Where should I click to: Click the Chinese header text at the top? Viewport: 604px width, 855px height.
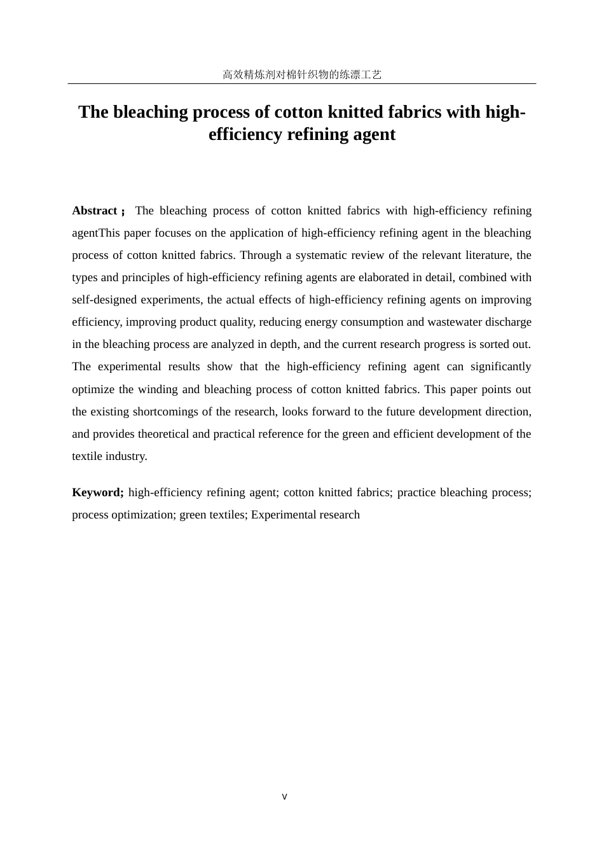click(x=302, y=74)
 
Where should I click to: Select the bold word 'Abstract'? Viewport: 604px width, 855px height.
click(x=95, y=211)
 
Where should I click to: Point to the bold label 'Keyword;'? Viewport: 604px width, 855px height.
click(x=98, y=492)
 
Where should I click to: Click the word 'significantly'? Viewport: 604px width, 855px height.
click(x=500, y=366)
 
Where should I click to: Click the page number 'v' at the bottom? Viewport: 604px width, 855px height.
click(x=284, y=796)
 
